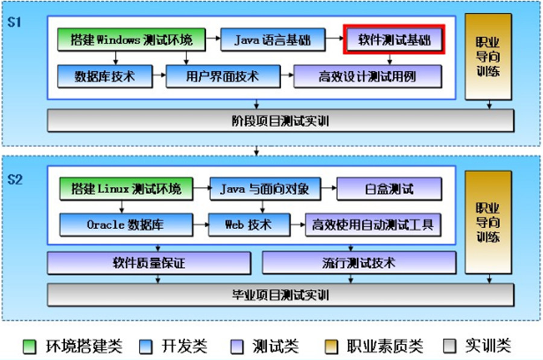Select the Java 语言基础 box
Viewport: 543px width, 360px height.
[x=273, y=40]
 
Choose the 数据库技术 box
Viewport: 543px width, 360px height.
[x=105, y=77]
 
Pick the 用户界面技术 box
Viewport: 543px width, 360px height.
[x=223, y=77]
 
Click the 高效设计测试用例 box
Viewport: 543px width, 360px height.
[x=367, y=77]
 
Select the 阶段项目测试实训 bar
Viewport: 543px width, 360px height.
[x=281, y=121]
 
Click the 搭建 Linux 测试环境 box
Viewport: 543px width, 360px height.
[x=126, y=189]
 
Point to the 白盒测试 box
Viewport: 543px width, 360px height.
[x=389, y=189]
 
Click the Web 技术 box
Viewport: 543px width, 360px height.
[x=248, y=225]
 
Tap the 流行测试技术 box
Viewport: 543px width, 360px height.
[x=359, y=263]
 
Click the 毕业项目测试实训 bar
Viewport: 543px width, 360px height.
[x=281, y=295]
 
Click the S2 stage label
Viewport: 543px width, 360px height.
[x=16, y=179]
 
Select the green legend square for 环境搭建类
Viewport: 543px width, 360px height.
[x=30, y=346]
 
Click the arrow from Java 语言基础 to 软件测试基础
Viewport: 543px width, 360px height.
[x=334, y=40]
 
